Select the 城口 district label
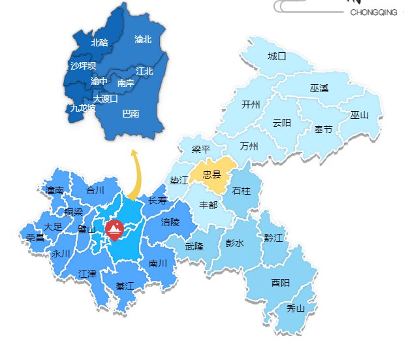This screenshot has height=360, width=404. pos(277,56)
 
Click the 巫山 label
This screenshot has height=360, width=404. pos(359,115)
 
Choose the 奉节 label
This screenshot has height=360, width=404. pos(323,129)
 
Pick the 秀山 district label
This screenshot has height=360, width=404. pos(296,308)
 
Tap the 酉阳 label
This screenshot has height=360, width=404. pos(281,282)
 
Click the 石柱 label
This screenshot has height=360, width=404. pos(241,191)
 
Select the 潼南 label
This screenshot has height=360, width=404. pos(55,191)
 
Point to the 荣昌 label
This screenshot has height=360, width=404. pos(35,237)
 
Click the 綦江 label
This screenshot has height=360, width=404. pos(124,286)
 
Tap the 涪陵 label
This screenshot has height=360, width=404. pos(170,222)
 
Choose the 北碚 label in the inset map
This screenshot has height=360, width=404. pos(100,42)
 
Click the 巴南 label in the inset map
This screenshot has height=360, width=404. pos(131,114)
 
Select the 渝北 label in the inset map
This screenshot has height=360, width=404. pos(143,39)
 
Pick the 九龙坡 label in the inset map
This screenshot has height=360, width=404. pos(83,108)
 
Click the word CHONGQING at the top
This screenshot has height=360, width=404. pos(373,12)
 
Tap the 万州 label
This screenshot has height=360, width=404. pos(249,146)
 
